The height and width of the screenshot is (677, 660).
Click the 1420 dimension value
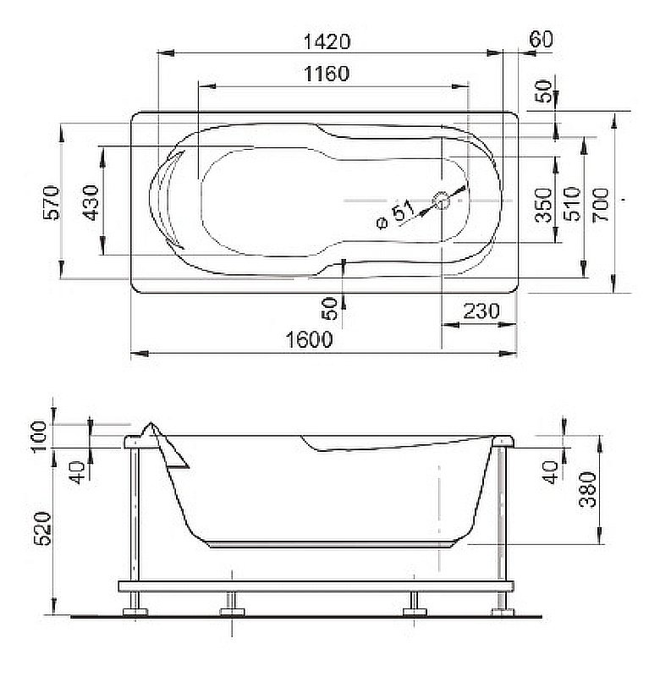(x=326, y=41)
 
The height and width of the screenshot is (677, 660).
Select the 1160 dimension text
(x=326, y=74)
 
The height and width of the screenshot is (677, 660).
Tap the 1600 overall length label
(x=309, y=339)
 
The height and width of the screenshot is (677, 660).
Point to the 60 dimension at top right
(x=541, y=40)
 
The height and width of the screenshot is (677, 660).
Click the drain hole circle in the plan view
(x=442, y=201)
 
